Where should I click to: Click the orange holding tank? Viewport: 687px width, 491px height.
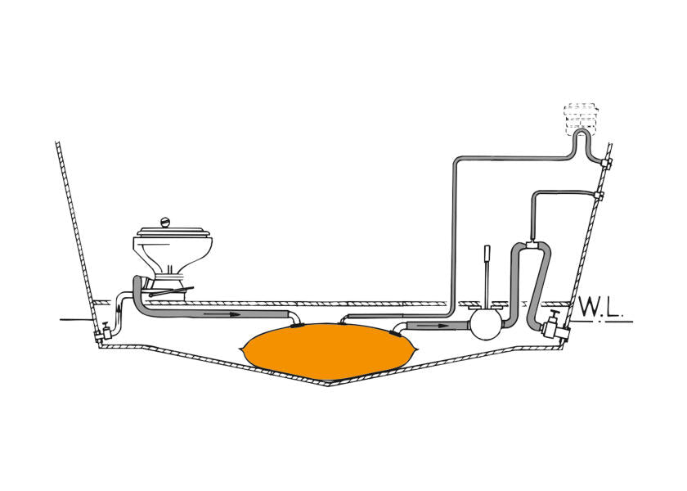[x=329, y=352]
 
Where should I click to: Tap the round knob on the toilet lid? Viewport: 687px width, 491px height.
[x=164, y=223]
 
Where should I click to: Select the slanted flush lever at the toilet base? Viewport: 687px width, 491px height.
[x=171, y=291]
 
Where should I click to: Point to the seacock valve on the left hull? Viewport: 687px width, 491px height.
[x=104, y=332]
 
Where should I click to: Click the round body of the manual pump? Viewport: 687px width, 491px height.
[x=485, y=326]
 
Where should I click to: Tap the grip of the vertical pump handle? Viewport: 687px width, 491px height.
[x=487, y=254]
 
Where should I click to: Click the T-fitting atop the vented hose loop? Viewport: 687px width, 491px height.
[x=532, y=245]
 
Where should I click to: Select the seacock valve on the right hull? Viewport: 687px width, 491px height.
[x=554, y=327]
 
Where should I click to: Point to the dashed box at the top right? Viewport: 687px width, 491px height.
[x=581, y=118]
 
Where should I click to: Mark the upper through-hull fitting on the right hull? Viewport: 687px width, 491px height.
[x=606, y=164]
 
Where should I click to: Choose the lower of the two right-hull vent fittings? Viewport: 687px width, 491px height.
[x=598, y=194]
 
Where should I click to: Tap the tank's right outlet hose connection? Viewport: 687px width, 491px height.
[x=397, y=332]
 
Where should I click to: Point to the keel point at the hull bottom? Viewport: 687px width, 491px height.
[x=329, y=385]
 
